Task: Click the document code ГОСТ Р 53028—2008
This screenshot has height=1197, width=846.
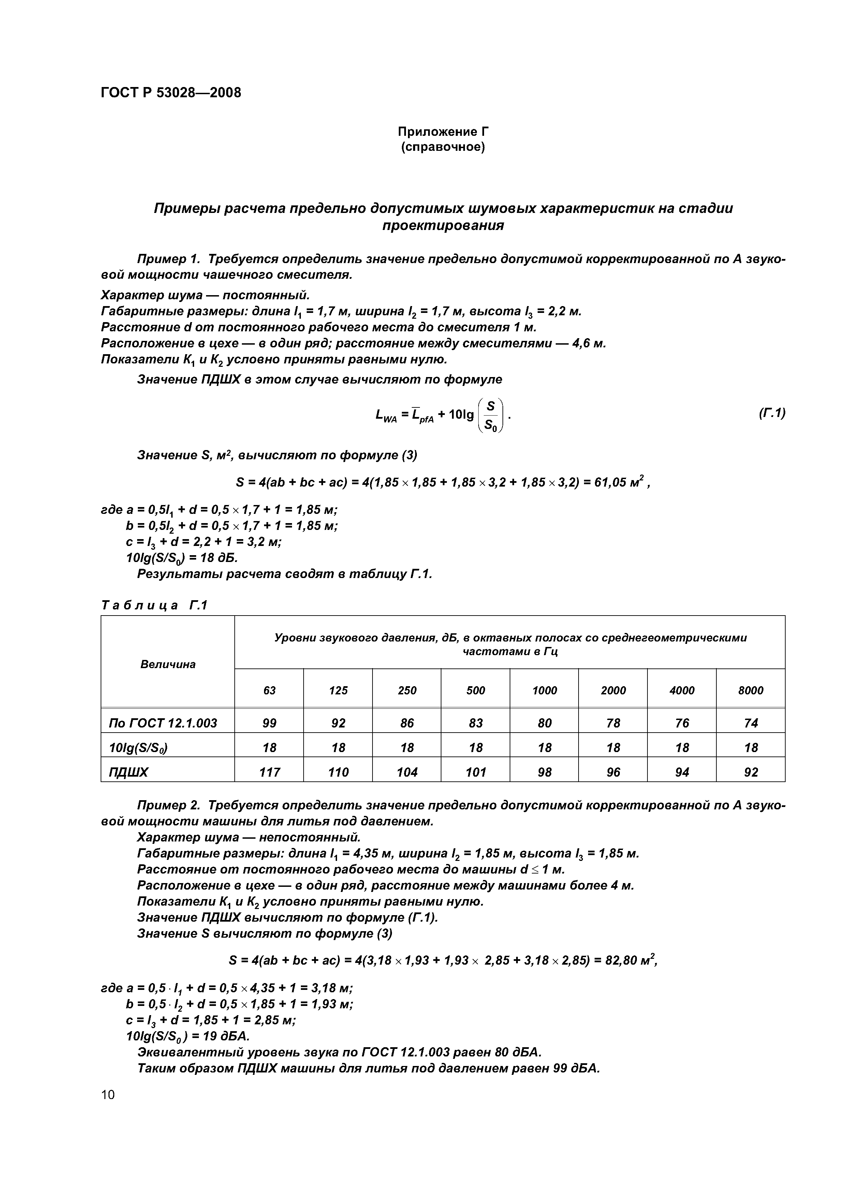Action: click(x=171, y=93)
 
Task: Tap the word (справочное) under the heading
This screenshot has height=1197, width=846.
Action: click(x=442, y=147)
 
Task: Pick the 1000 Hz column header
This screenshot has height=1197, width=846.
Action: click(x=544, y=690)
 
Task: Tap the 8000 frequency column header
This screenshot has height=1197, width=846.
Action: click(x=750, y=690)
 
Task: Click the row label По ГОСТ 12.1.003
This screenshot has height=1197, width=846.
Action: click(x=163, y=723)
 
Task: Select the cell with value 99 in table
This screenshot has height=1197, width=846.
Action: click(x=269, y=723)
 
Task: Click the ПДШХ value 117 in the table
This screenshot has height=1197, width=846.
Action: click(x=269, y=772)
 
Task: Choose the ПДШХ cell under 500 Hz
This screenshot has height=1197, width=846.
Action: click(x=476, y=772)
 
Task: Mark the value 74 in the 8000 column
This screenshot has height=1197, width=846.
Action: click(x=750, y=723)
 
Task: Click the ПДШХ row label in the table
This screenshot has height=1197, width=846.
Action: click(x=128, y=772)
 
